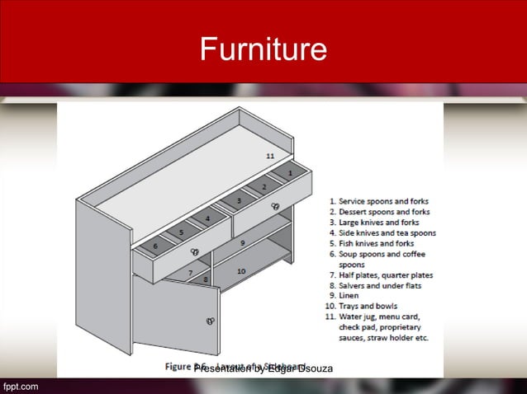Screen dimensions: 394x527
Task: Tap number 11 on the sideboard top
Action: (x=270, y=156)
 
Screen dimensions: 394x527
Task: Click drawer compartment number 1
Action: (x=291, y=174)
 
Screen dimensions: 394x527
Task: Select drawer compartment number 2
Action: (x=264, y=187)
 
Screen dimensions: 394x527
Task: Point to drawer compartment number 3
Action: (x=239, y=200)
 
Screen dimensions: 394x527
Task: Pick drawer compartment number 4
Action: (x=207, y=218)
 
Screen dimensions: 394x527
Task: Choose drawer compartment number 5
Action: (x=181, y=232)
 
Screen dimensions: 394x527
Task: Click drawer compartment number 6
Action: (x=154, y=246)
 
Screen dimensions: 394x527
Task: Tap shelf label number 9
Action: (x=243, y=243)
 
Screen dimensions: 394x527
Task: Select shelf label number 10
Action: (x=241, y=270)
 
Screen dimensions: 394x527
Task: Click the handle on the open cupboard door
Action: (x=211, y=321)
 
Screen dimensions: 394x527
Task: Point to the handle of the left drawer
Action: (x=196, y=251)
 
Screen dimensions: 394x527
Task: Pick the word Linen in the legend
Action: (x=348, y=295)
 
